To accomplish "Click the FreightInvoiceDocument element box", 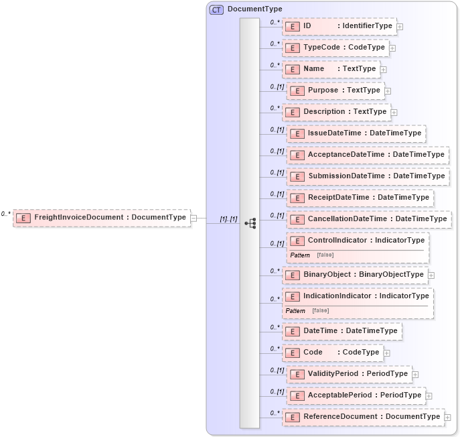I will tap(101, 217).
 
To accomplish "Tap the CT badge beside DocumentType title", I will tap(216, 9).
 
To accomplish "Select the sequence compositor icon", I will tap(250, 223).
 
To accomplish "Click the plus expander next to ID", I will tap(400, 27).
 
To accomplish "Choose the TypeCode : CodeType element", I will tap(335, 48).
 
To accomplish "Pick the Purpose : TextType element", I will tap(334, 90).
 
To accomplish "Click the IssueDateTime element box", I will tap(356, 133).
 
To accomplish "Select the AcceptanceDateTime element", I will tap(368, 155).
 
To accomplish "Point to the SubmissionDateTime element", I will tap(368, 176).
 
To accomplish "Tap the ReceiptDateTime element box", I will tap(360, 198).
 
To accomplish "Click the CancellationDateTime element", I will tap(369, 219).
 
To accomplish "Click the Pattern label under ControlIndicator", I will tap(300, 255).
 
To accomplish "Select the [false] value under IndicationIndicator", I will tap(321, 311).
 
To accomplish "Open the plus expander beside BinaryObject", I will tap(431, 275).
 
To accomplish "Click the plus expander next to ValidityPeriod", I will tap(415, 374).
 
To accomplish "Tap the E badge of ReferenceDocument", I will tap(292, 417).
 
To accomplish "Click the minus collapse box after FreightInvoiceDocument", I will tap(194, 218).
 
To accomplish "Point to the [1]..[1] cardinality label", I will tap(229, 219).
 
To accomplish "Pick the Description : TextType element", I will tap(336, 112).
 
